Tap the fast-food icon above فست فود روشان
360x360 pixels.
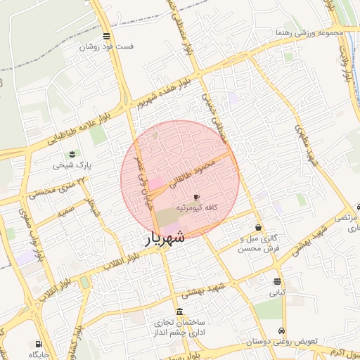coord(106,36)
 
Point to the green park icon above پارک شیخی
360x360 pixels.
coord(71,155)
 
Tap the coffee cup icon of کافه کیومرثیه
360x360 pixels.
coord(196,197)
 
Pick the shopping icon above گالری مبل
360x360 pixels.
coord(259,228)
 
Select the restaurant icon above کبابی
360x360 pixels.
coord(278,282)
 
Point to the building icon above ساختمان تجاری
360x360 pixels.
coord(180,311)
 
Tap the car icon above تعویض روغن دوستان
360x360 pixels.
coord(282,330)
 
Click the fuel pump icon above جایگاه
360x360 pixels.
coord(37,344)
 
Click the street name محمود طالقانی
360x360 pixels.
coord(190,173)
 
